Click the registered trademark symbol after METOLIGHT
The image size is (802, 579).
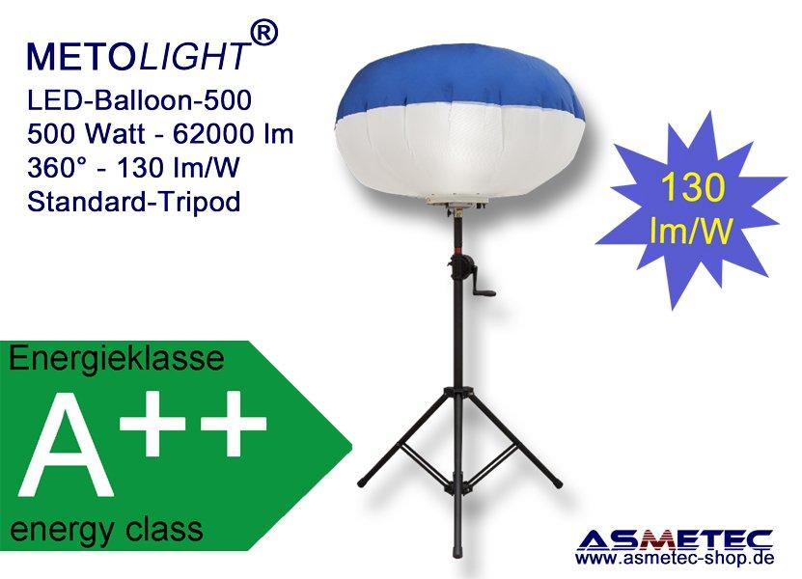pyautogui.click(x=265, y=34)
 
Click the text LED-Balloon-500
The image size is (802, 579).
pyautogui.click(x=139, y=99)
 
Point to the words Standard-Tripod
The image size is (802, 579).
pyautogui.click(x=133, y=202)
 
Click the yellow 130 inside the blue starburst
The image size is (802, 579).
pyautogui.click(x=693, y=187)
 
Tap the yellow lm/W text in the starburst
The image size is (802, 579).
pyautogui.click(x=690, y=231)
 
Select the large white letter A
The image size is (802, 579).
pyautogui.click(x=66, y=444)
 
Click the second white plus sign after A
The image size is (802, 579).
pyautogui.click(x=234, y=423)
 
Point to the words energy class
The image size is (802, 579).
pyautogui.click(x=106, y=529)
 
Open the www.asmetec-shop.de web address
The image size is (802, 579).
pyautogui.click(x=675, y=558)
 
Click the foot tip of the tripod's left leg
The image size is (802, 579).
pyautogui.click(x=361, y=482)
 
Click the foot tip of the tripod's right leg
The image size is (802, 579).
pyautogui.click(x=558, y=483)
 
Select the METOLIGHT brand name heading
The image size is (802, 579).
pyautogui.click(x=139, y=55)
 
